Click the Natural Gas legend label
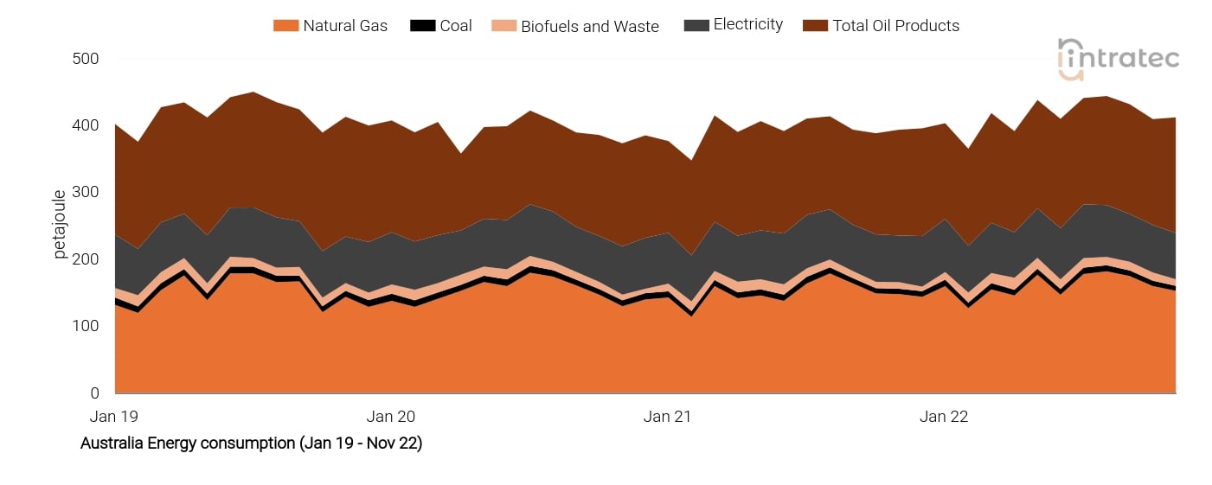pos(345,26)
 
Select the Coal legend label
pos(456,26)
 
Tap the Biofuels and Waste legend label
pos(589,27)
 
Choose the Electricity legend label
pos(747,25)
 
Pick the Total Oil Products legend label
pos(895,26)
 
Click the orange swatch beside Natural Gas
pos(285,26)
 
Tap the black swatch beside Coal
pos(422,26)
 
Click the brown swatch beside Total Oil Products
pos(814,26)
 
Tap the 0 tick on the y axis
pos(94,393)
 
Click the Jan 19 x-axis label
pos(114,417)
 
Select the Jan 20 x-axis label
pos(391,417)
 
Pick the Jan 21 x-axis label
pos(668,417)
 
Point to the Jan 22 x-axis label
pos(944,417)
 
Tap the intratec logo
pos(1118,59)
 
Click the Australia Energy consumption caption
pos(251,444)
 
